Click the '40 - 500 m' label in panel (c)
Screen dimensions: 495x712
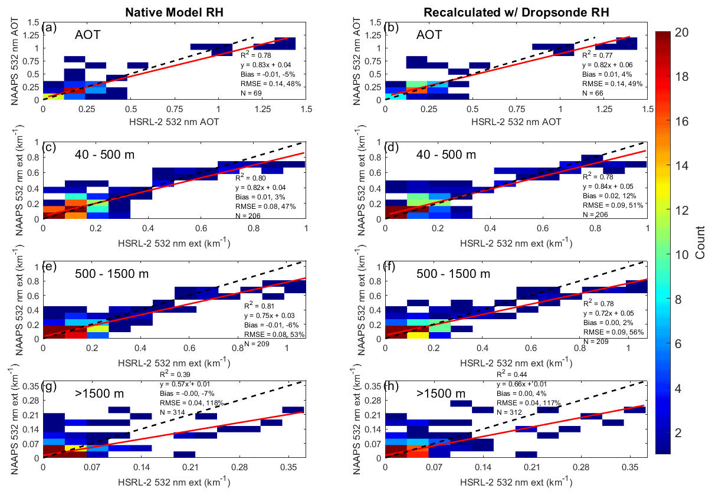coord(104,155)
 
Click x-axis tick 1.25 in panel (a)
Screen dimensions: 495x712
coord(263,109)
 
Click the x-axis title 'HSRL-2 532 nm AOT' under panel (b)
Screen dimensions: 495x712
coord(516,122)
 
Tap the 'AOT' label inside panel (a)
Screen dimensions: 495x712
coord(87,34)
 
